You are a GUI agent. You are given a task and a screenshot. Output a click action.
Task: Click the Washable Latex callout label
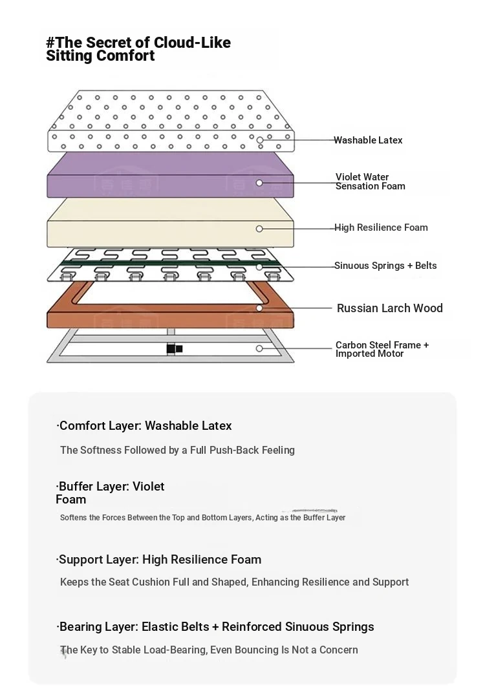[368, 140]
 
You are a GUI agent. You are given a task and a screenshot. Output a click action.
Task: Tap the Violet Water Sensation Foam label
[371, 181]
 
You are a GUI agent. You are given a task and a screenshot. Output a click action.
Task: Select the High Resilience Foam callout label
[382, 228]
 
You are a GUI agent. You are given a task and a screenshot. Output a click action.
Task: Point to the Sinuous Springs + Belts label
[385, 266]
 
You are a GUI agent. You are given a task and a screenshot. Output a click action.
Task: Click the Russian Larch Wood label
[390, 308]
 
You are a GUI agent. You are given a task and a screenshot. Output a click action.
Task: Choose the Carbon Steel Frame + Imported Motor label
[382, 349]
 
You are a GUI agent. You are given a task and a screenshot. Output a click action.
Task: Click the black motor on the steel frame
[174, 348]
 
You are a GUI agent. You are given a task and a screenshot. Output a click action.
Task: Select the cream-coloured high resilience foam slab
[170, 223]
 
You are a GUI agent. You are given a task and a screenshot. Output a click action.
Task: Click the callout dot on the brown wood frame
[259, 308]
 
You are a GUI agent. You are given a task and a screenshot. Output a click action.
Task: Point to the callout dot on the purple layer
[259, 183]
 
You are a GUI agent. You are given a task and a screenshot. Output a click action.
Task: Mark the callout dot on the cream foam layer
[259, 229]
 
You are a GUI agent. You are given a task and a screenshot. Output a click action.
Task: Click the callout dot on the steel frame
[259, 348]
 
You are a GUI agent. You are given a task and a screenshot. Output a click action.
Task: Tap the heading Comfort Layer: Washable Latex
[144, 426]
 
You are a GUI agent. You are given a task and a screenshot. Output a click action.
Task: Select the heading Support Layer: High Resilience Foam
[158, 560]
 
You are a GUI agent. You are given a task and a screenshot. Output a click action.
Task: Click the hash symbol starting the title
[50, 43]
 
